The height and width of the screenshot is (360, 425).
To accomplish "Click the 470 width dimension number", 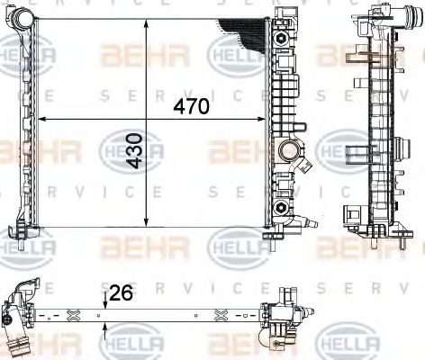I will coord(191,106).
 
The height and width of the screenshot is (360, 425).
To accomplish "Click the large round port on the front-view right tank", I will coord(288,148).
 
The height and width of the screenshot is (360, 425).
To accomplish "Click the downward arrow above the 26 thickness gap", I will coord(106,302).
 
